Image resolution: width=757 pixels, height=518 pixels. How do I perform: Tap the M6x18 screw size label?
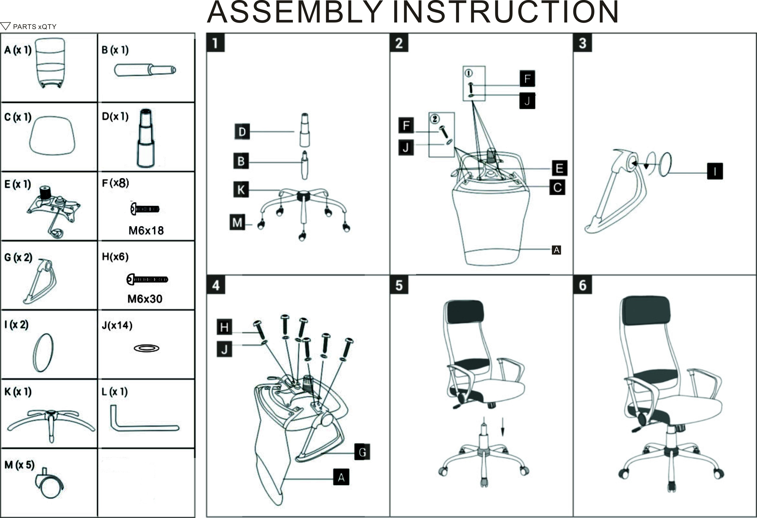pyautogui.click(x=146, y=231)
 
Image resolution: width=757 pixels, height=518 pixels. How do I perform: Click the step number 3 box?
pyautogui.click(x=582, y=43)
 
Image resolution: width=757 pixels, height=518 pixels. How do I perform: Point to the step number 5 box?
pyautogui.click(x=399, y=285)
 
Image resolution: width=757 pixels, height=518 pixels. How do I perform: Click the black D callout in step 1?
pyautogui.click(x=242, y=132)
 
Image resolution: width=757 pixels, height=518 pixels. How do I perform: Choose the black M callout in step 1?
pyautogui.click(x=237, y=222)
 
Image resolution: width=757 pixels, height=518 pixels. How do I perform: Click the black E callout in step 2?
pyautogui.click(x=559, y=168)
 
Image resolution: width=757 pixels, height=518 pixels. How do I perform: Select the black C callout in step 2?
pyautogui.click(x=557, y=187)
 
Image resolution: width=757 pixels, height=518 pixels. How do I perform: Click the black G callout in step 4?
pyautogui.click(x=362, y=452)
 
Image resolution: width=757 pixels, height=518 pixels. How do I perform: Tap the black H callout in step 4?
pyautogui.click(x=224, y=327)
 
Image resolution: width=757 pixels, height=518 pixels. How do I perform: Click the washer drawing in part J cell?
pyautogui.click(x=147, y=348)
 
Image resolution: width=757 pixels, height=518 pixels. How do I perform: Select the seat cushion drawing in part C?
pyautogui.click(x=52, y=136)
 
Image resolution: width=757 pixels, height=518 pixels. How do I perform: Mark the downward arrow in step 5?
pyautogui.click(x=503, y=427)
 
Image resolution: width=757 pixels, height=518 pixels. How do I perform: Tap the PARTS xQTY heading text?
pyautogui.click(x=34, y=27)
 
